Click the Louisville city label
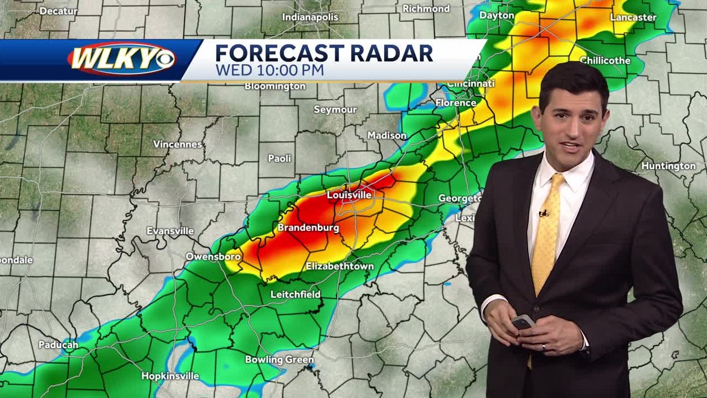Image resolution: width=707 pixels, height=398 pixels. [x=349, y=195]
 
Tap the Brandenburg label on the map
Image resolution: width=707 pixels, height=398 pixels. [x=308, y=228]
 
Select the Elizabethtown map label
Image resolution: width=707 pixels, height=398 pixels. [x=339, y=267]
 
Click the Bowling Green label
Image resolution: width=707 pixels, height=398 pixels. [x=280, y=360]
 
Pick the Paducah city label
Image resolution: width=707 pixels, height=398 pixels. [x=58, y=345]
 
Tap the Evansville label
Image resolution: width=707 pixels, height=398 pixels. [x=171, y=231]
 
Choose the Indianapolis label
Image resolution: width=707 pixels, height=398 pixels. [x=310, y=17]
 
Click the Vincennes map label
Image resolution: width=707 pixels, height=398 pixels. [x=178, y=144]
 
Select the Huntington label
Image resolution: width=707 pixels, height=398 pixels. [x=668, y=166]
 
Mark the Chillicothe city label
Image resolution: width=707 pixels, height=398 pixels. [x=605, y=60]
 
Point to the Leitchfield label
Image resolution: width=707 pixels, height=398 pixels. [x=296, y=294]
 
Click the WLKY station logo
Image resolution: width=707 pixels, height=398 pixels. [x=122, y=59]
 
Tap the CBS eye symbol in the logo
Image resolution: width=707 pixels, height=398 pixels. [x=164, y=59]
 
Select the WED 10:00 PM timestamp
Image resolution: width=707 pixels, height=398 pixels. [x=270, y=70]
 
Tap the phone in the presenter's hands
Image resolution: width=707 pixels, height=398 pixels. [x=523, y=322]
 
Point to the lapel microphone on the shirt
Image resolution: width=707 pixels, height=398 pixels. [x=544, y=213]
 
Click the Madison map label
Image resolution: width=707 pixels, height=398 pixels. [x=387, y=135]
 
